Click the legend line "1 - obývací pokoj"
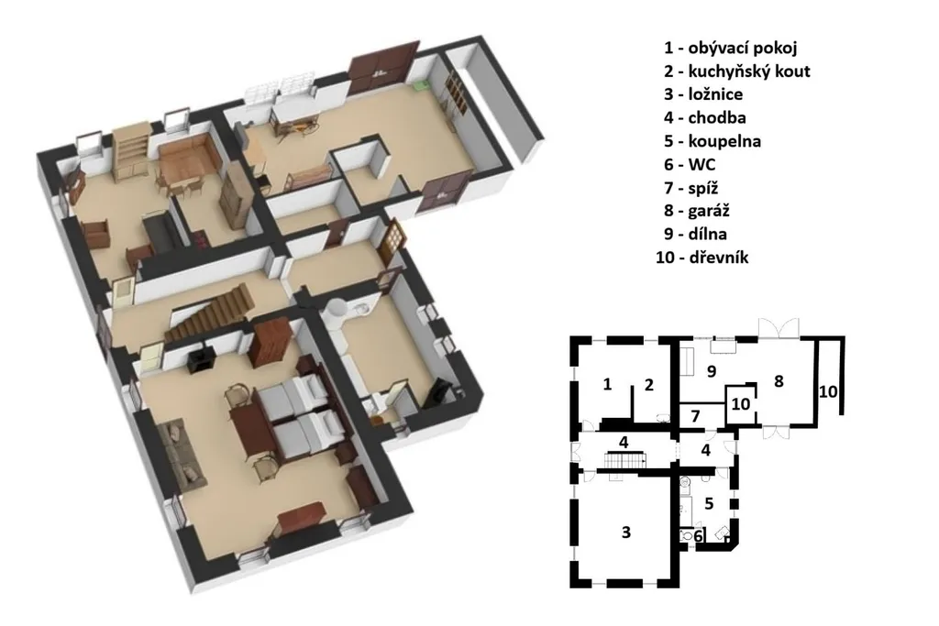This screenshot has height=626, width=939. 730,48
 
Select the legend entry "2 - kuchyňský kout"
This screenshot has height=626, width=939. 736,71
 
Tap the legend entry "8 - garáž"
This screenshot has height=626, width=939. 697,211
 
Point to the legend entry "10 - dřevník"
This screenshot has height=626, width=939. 701,258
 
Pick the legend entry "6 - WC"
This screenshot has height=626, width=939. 690,164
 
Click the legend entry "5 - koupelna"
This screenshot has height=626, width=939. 712,141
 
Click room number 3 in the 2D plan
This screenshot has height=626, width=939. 625,532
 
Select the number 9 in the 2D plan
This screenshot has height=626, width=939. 712,371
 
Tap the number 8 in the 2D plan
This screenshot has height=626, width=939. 779,381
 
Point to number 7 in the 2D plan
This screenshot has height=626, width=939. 695,416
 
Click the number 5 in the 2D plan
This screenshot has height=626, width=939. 709,504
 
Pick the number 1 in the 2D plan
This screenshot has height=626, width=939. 607,384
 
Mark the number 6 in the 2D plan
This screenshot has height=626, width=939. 698,537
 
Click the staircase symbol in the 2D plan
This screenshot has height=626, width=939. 624,461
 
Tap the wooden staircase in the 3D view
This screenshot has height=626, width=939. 210,314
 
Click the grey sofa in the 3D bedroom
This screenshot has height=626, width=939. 182,453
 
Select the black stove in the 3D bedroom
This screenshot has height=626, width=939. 199,358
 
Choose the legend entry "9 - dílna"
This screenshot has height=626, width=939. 695,234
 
